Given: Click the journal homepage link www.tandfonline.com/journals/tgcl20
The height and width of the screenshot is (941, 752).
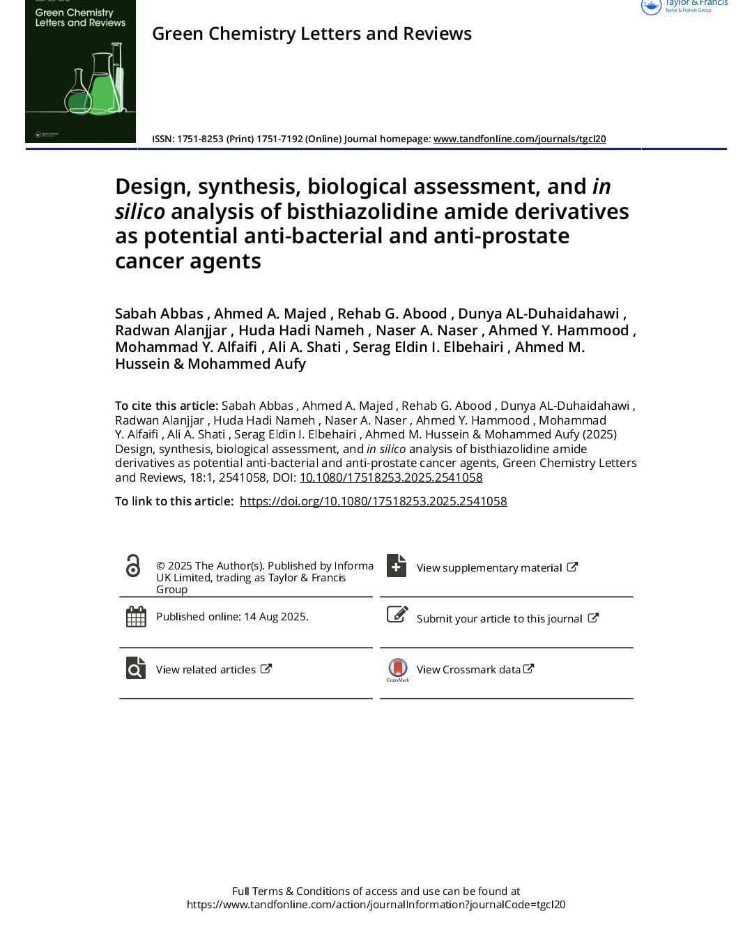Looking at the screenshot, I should coord(519,139).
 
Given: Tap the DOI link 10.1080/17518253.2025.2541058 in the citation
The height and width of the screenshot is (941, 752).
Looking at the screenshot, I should coord(391,477).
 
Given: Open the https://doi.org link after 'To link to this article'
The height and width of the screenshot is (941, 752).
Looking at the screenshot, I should coord(373,501).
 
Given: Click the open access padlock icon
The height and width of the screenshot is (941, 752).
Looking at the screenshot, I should coord(132,565).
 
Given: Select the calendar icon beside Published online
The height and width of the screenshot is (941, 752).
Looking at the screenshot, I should coord(136,616).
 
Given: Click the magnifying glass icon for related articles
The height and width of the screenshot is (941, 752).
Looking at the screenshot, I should coord(135,668).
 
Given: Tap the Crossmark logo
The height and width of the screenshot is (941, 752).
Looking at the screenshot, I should coord(397,668).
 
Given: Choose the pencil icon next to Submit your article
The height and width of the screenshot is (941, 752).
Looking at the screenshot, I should coord(397,615).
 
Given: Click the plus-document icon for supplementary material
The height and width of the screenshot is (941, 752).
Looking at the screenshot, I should coord(396,565).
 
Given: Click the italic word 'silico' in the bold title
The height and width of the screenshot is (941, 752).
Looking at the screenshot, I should coord(139,211).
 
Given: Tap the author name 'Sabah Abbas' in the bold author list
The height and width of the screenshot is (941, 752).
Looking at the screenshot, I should coord(159,314).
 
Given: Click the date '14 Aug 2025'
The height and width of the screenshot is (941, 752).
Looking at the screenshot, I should coord(276,616).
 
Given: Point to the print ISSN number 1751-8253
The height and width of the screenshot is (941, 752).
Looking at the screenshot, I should coord(200,139).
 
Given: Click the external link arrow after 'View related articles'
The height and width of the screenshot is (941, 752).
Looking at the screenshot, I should coord(266,668).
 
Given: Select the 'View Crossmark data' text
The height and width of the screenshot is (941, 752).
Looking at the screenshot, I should coord(468,669).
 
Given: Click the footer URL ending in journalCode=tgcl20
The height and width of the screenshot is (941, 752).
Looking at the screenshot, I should coord(376,905).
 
